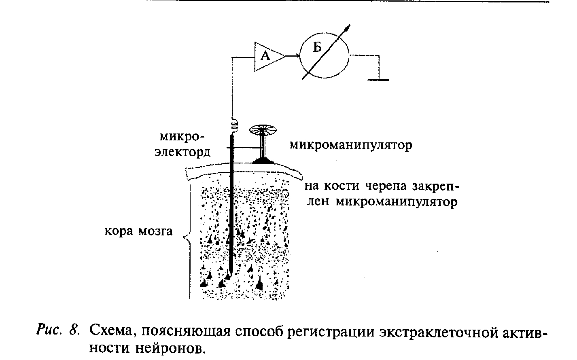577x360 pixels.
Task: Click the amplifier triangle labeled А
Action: [x=267, y=56]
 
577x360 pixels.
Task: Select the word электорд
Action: [x=182, y=152]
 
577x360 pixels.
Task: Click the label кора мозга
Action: [x=138, y=231]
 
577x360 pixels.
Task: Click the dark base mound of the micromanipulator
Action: [x=264, y=161]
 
